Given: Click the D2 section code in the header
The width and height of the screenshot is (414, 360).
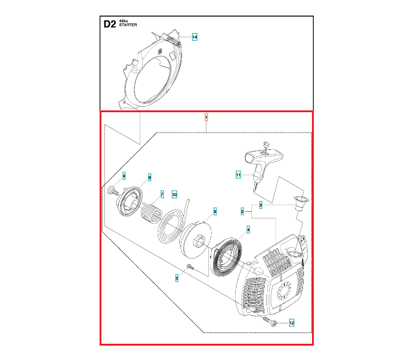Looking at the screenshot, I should pyautogui.click(x=109, y=25).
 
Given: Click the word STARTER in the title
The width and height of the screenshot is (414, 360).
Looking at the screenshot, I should pyautogui.click(x=128, y=25).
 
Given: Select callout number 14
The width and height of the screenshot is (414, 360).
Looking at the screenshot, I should pyautogui.click(x=194, y=37).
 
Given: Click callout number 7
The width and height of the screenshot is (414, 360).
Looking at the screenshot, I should pyautogui.click(x=161, y=194).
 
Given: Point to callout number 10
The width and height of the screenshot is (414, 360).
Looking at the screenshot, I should pyautogui.click(x=174, y=194).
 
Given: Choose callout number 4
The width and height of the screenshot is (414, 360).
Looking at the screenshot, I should pyautogui.click(x=248, y=229).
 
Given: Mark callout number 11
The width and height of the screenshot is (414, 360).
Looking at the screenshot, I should pyautogui.click(x=238, y=175).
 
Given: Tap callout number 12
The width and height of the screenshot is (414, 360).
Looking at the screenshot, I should pyautogui.click(x=292, y=323).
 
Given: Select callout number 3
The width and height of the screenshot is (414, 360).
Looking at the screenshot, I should pyautogui.click(x=260, y=205).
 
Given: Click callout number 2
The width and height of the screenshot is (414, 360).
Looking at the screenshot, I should pyautogui.click(x=242, y=212).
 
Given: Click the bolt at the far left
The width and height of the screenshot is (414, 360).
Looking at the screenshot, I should pyautogui.click(x=111, y=191).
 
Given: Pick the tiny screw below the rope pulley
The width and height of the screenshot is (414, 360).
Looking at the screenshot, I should pyautogui.click(x=189, y=266).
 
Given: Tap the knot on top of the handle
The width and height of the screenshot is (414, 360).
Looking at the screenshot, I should pyautogui.click(x=265, y=143).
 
